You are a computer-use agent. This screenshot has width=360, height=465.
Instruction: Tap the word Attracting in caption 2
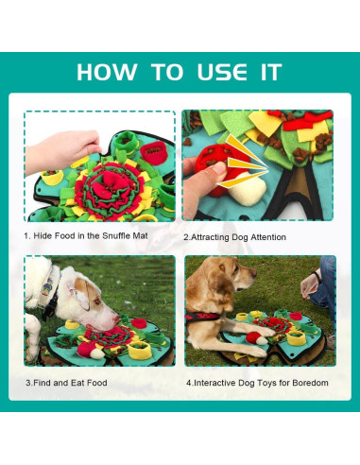219,236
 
